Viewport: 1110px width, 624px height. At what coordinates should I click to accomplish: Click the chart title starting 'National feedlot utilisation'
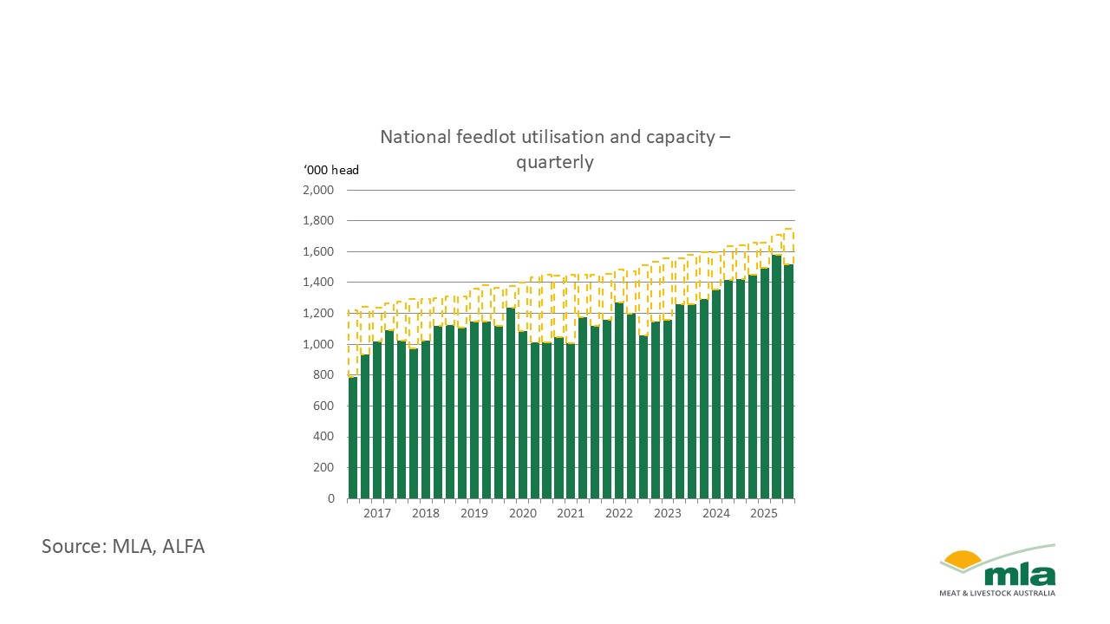point(555,137)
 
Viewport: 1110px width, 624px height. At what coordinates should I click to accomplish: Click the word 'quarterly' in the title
point(555,162)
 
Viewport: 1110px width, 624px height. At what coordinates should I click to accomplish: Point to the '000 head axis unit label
point(330,170)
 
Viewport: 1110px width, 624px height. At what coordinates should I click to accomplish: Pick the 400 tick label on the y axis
point(323,437)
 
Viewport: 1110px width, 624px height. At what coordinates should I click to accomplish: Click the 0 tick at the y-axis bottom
point(330,498)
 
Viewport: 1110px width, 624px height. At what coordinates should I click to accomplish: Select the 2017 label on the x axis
point(377,514)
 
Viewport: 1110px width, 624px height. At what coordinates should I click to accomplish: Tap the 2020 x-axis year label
point(522,514)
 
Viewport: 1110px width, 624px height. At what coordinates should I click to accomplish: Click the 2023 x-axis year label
point(668,514)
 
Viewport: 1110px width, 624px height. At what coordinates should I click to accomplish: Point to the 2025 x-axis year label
point(764,514)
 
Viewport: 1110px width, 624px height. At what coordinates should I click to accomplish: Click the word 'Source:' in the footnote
point(71,546)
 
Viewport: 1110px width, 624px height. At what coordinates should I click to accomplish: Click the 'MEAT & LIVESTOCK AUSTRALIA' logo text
point(997,594)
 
